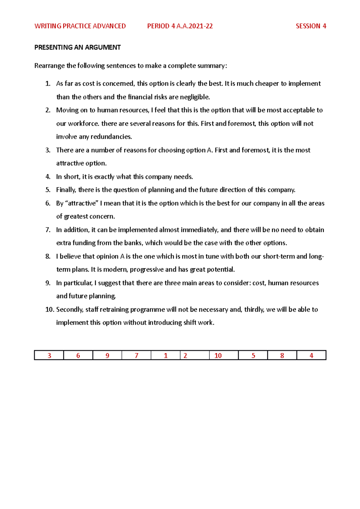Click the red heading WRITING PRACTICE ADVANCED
[x=80, y=26]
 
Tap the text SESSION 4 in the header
[x=311, y=26]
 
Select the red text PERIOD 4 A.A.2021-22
[x=180, y=26]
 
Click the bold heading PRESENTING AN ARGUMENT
[x=77, y=47]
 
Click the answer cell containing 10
[x=218, y=356]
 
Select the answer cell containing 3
[x=49, y=356]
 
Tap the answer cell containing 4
[x=311, y=356]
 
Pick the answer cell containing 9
[x=107, y=356]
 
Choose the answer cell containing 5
[x=253, y=356]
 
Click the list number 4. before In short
[x=48, y=177]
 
